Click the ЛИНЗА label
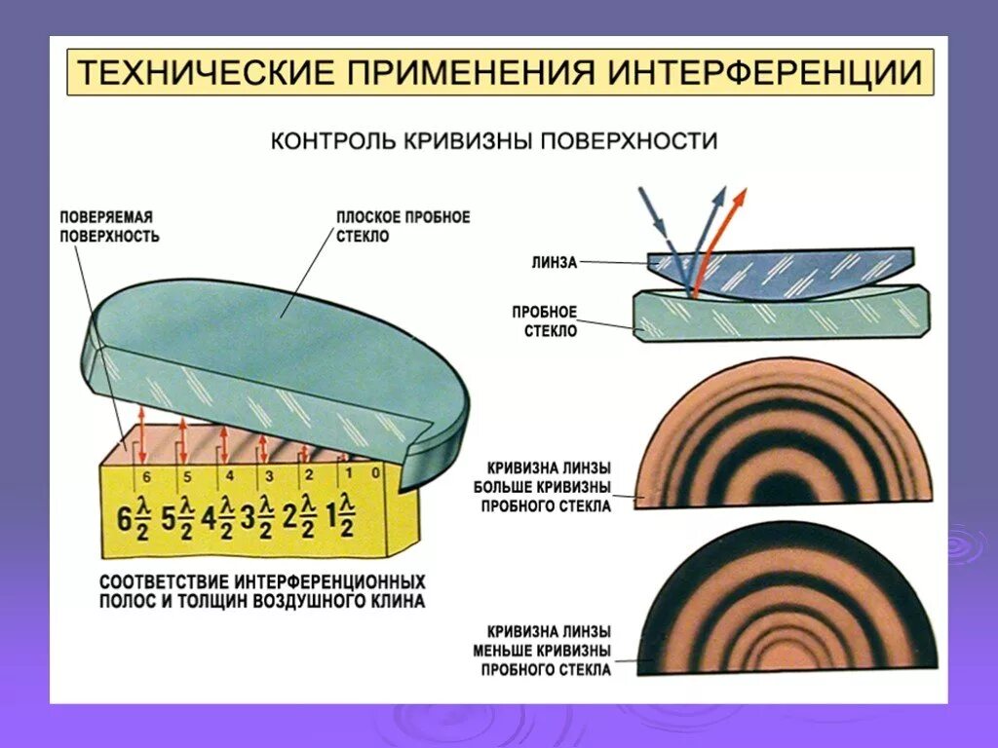[555, 261]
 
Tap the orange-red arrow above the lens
[725, 234]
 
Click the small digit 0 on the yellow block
[376, 471]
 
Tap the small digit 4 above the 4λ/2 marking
[229, 475]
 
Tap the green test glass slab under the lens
[780, 317]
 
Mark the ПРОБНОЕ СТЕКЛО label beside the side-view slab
[545, 321]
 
